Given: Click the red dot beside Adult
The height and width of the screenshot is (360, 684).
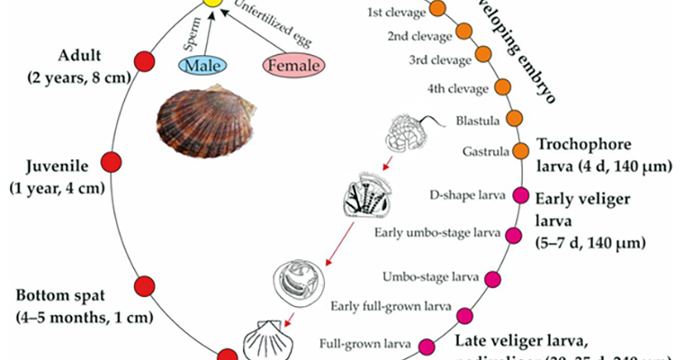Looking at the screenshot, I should pyautogui.click(x=144, y=61).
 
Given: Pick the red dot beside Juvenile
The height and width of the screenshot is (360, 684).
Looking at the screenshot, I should pyautogui.click(x=111, y=162).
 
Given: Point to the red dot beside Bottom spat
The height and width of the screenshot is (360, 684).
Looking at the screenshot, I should pyautogui.click(x=144, y=287).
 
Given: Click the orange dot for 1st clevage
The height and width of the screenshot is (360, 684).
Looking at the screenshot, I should pyautogui.click(x=439, y=10).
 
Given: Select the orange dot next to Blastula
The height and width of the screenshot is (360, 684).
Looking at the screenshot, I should pyautogui.click(x=516, y=118).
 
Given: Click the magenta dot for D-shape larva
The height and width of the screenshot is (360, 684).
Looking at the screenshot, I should pyautogui.click(x=520, y=193).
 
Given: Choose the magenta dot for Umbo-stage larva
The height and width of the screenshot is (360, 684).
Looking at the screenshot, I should pyautogui.click(x=493, y=278).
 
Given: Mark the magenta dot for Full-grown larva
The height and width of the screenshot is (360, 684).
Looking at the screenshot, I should pyautogui.click(x=427, y=346).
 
